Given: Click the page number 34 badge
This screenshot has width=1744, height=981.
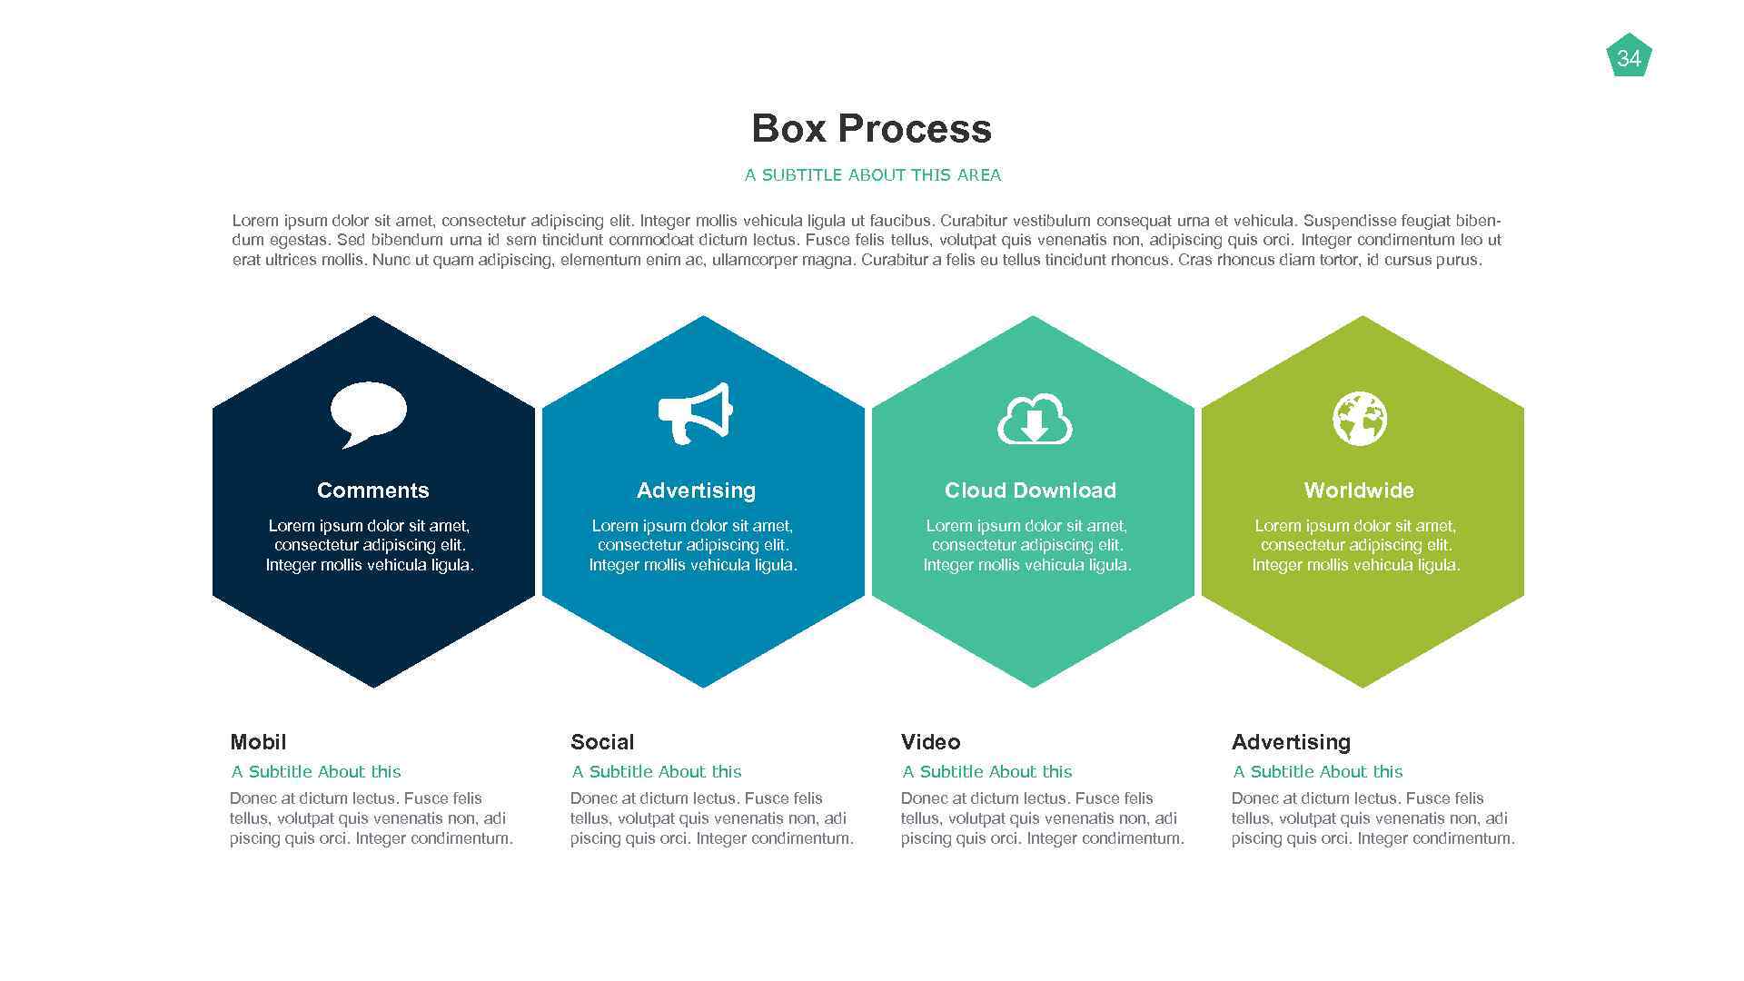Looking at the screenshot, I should (x=1629, y=57).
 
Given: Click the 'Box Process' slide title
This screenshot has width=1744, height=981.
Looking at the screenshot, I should (x=871, y=128).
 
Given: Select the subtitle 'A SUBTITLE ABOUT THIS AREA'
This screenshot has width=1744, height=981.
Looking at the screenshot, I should (x=872, y=175).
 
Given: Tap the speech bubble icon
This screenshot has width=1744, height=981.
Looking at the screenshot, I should (x=368, y=414).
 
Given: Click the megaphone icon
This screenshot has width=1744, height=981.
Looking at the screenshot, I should (x=695, y=413).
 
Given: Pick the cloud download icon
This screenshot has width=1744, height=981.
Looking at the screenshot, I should (x=1035, y=420).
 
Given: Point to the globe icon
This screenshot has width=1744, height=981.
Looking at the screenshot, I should (x=1359, y=419).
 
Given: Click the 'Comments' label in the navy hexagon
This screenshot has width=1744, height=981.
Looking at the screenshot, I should (x=372, y=490).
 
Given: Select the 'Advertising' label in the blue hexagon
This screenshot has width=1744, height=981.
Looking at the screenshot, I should (x=696, y=490).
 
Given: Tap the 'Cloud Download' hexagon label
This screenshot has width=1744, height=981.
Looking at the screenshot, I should (x=1030, y=490).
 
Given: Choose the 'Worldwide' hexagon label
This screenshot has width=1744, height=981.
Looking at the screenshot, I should (x=1359, y=490).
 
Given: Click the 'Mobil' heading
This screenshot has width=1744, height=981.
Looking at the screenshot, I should (x=258, y=742).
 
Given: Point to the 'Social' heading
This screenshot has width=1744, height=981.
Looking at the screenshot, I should (x=602, y=742).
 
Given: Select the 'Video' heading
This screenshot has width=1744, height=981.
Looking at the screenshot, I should (x=930, y=742).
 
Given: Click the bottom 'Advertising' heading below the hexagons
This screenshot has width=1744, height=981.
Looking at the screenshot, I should (x=1291, y=742).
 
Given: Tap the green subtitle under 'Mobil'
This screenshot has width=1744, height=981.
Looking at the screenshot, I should (x=315, y=772).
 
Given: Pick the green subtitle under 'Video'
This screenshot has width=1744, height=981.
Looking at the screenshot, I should (x=986, y=772).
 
